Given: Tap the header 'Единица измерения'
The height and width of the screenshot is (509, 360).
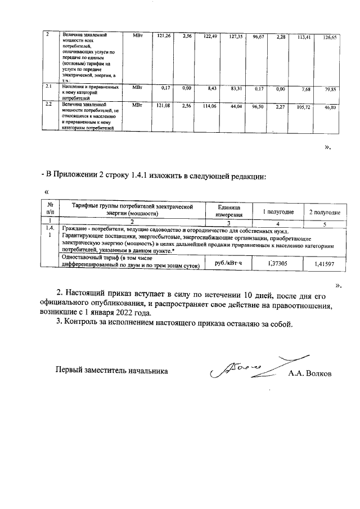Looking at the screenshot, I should coord(228,210).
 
